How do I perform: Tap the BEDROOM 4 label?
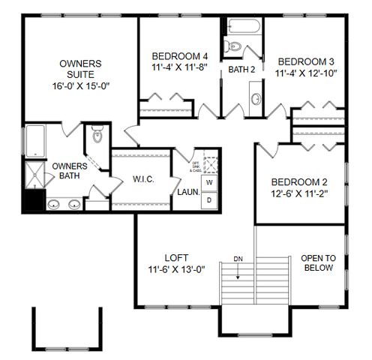pos(179,56)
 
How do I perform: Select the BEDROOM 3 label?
pos(305,61)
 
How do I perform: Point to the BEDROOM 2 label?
pos(300,182)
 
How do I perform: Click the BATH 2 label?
pos(242,70)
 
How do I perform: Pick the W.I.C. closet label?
pos(143,179)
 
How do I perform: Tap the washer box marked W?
pos(209,183)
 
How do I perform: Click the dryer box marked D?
pos(209,199)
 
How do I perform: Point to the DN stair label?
pos(238,259)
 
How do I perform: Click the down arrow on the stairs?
pos(238,272)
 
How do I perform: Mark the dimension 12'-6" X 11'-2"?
pos(300,193)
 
